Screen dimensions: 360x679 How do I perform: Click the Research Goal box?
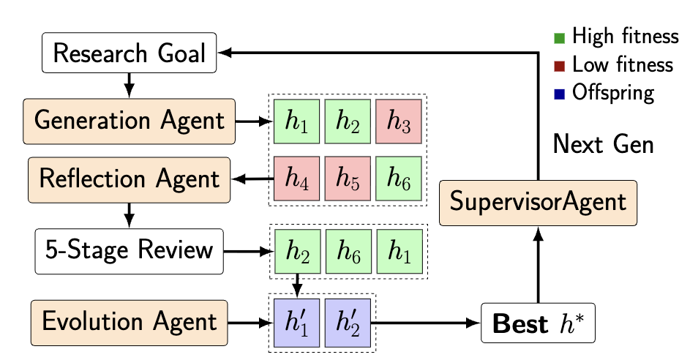130,53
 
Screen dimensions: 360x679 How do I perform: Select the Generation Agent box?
130,121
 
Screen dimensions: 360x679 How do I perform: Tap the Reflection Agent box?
130,178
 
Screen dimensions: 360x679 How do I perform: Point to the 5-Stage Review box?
130,251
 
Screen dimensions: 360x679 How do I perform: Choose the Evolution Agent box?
130,322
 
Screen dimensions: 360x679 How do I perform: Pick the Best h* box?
538,322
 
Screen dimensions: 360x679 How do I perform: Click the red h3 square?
399,121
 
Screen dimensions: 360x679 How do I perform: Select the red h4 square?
297,178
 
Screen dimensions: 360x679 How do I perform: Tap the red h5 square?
348,178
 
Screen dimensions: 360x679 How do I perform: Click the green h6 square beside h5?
399,178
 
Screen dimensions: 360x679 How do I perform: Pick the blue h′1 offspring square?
297,322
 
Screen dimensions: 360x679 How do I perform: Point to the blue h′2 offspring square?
348,322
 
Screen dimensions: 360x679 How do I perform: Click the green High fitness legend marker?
560,37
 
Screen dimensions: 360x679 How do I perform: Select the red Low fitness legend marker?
560,65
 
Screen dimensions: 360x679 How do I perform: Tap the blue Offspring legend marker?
560,94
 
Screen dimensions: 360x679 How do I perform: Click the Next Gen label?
603,144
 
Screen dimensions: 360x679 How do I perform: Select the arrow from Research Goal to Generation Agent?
130,85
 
